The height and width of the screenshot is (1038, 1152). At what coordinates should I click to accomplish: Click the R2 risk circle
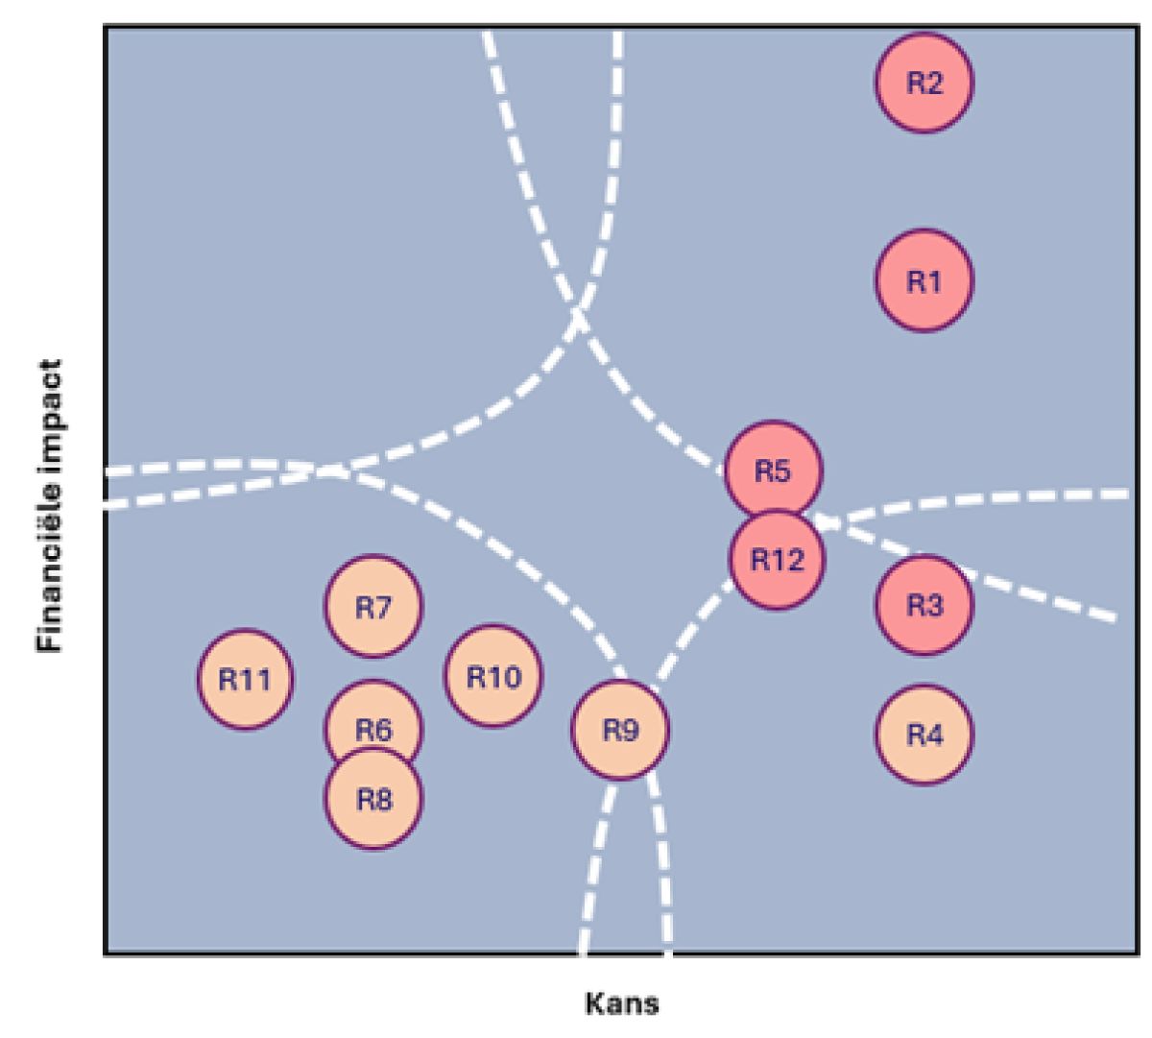click(x=924, y=83)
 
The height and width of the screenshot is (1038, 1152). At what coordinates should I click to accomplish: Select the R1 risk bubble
click(x=924, y=280)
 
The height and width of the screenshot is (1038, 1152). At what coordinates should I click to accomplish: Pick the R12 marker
click(x=777, y=560)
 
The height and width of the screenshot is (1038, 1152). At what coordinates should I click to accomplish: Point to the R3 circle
click(x=924, y=605)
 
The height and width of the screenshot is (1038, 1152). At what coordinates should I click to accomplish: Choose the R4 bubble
click(x=924, y=735)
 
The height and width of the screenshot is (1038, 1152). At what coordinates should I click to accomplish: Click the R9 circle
click(x=620, y=730)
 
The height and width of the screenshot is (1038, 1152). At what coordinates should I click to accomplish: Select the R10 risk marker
click(x=493, y=676)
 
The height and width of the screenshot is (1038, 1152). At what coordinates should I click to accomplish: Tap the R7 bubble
click(x=373, y=607)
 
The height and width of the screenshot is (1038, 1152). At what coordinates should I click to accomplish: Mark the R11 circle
click(x=245, y=679)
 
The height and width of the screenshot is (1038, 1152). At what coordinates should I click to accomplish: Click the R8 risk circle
click(x=373, y=799)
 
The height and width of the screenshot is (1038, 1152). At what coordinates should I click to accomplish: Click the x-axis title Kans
click(x=622, y=1004)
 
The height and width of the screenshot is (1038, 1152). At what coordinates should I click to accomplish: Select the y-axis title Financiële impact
click(x=51, y=506)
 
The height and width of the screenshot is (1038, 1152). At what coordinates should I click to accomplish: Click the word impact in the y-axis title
click(x=51, y=409)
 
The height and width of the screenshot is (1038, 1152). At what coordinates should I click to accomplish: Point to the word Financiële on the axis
click(x=51, y=556)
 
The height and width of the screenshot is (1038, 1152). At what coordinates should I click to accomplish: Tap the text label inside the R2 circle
click(x=924, y=84)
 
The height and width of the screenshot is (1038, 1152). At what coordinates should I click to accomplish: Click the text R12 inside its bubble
click(x=777, y=560)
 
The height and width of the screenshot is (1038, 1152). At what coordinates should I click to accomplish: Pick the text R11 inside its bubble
click(x=245, y=680)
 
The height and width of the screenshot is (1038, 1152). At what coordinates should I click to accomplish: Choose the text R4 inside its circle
click(x=924, y=736)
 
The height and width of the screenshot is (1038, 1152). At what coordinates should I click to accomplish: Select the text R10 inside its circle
click(x=493, y=677)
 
